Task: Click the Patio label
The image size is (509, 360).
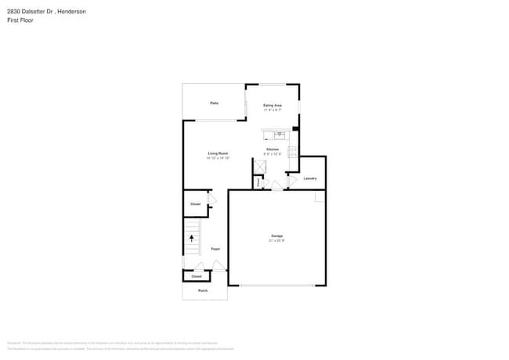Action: click(x=214, y=103)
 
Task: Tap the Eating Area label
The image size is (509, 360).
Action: click(x=273, y=105)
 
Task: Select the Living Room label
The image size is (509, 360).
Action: click(x=218, y=153)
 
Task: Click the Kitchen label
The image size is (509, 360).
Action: click(x=273, y=149)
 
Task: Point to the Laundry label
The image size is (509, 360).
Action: click(x=310, y=178)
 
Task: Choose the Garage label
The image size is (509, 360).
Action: click(x=277, y=236)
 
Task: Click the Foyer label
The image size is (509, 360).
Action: click(x=215, y=249)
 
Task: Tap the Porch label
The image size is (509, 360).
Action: click(x=203, y=290)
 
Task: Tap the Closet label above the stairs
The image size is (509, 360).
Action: click(x=196, y=204)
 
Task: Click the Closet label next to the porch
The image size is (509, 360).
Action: click(x=197, y=276)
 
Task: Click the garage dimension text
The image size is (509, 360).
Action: click(x=277, y=240)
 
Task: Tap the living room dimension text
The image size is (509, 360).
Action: click(x=218, y=158)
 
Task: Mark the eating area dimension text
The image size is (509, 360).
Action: click(x=273, y=110)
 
